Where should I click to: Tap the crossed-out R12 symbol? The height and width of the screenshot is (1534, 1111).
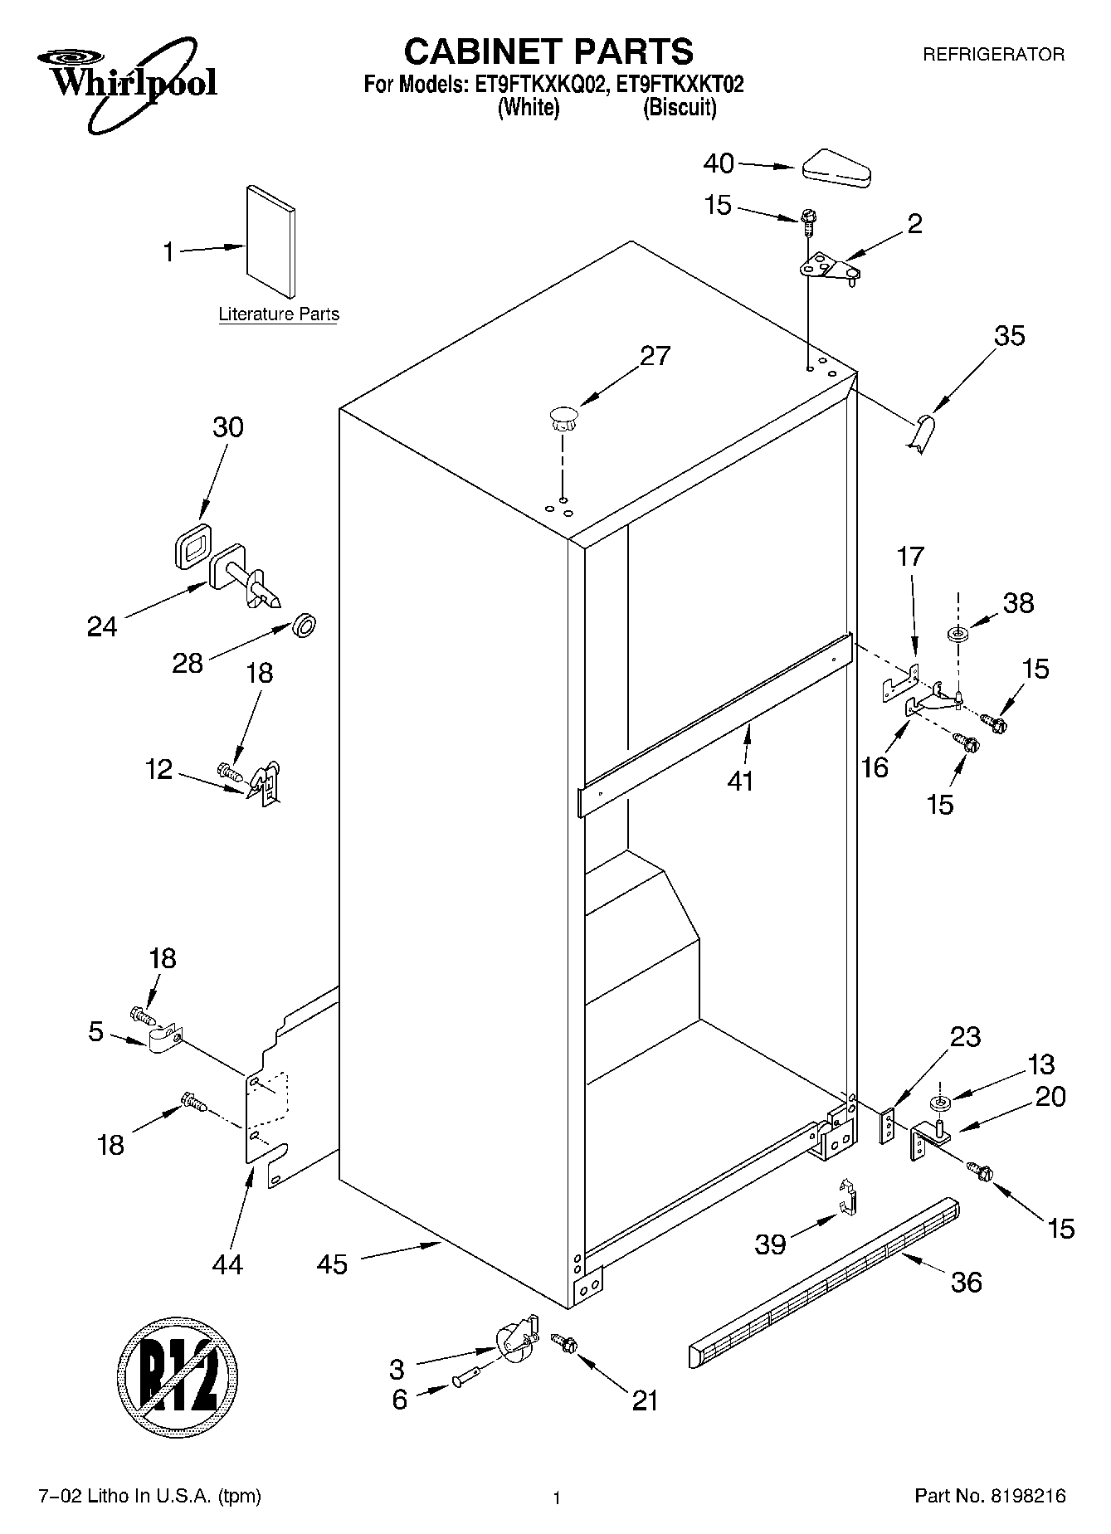coord(178,1381)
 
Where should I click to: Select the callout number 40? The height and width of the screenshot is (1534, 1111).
coord(719,163)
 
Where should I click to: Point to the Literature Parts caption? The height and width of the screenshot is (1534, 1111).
coord(279,314)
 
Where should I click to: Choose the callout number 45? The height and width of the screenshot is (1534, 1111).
coord(332,1264)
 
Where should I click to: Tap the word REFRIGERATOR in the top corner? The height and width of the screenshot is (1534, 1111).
coord(993,55)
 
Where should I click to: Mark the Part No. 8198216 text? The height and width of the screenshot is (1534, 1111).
coord(989,1496)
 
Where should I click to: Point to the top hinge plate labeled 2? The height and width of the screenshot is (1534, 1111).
coord(828,268)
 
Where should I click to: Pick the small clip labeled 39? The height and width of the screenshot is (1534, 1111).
coord(847,1199)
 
